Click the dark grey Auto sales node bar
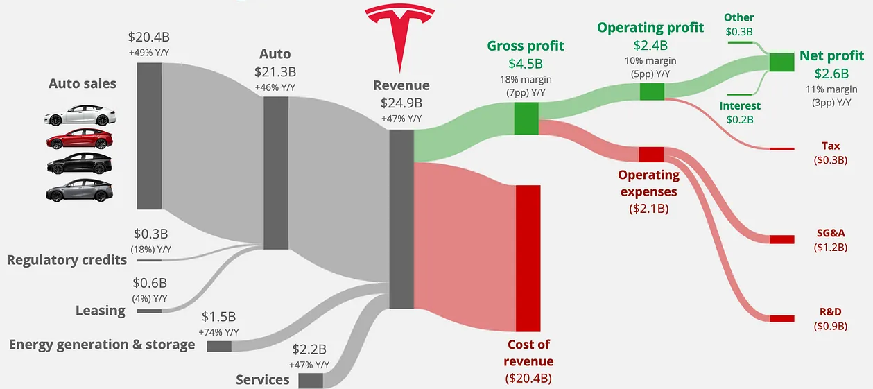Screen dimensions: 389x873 [149, 135]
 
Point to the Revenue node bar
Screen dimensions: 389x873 [401, 218]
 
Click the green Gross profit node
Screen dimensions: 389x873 [526, 118]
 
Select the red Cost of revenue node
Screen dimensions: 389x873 [528, 258]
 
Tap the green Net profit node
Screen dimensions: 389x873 [781, 62]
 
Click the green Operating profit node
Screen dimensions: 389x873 [652, 91]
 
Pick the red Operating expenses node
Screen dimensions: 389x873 [652, 154]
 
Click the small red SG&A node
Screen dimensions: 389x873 [781, 239]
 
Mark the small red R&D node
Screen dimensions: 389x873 [781, 318]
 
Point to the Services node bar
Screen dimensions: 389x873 [311, 381]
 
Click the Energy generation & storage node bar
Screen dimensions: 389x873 [220, 346]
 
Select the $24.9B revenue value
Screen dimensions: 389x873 [401, 103]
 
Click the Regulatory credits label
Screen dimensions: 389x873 [67, 260]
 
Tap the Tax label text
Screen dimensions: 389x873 [830, 146]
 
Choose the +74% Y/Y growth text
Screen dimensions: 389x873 [218, 332]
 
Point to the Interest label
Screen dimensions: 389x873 [740, 106]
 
